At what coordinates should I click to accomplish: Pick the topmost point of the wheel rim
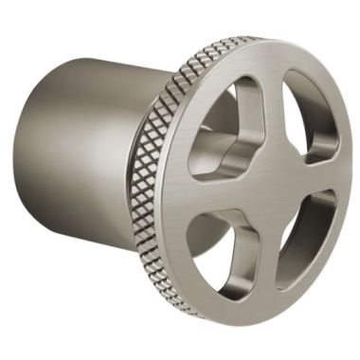[284, 40]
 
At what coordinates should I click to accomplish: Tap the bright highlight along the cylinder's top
[104, 71]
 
